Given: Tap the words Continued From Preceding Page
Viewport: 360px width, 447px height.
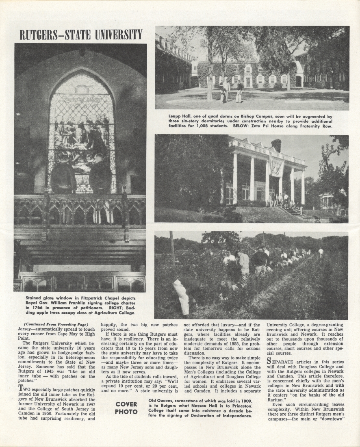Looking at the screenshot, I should point(56,324).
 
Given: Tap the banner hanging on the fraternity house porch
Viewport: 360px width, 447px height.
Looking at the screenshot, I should point(276,166).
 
